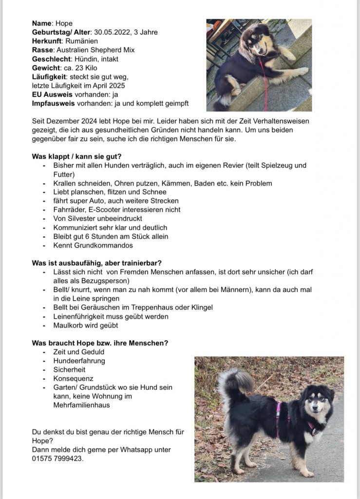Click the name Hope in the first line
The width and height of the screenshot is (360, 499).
click(x=64, y=23)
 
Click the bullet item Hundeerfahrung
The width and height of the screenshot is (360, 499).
click(x=79, y=361)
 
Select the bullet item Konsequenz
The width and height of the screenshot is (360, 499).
click(x=73, y=378)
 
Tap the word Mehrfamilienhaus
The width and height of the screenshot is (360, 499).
click(x=81, y=405)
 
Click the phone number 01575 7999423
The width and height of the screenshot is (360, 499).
click(x=57, y=458)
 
